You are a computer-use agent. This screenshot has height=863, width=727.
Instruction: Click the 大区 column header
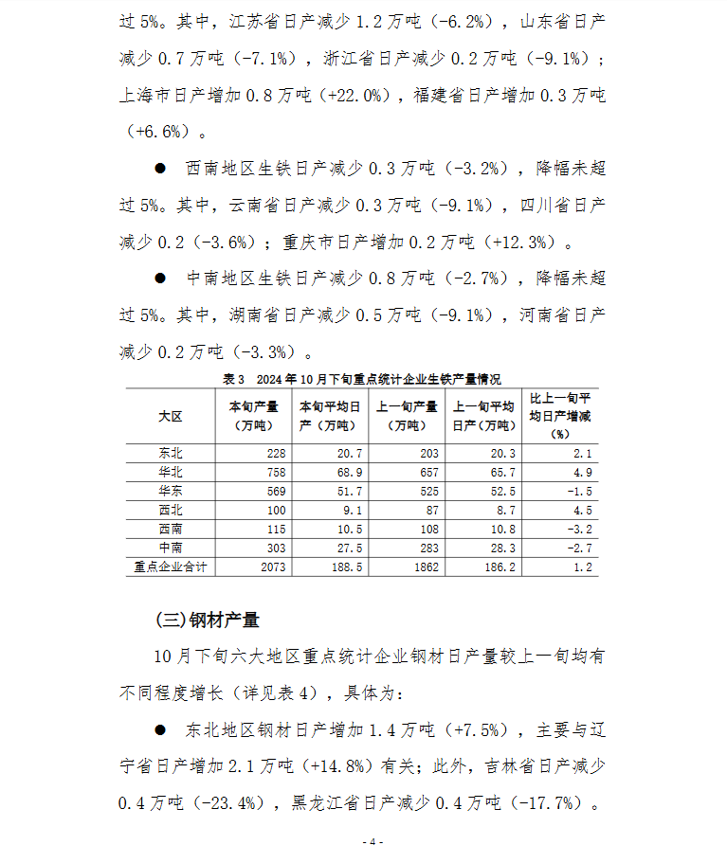170,417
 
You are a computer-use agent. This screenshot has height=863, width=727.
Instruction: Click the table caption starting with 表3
361,379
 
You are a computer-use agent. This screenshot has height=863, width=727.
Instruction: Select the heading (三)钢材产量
207,620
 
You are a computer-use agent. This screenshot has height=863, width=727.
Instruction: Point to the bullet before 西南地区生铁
160,168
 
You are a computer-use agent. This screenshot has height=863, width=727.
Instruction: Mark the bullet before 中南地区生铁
160,278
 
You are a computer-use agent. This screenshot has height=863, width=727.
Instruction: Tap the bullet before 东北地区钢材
160,730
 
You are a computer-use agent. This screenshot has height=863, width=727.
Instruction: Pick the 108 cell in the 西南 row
426,529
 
